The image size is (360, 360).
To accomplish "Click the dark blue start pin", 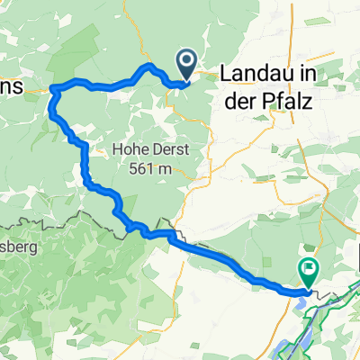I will click(x=187, y=64).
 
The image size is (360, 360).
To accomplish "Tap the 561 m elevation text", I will click(x=152, y=167).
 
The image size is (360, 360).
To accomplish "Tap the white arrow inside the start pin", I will click(x=187, y=61).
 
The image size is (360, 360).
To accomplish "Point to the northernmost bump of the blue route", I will click(x=147, y=66).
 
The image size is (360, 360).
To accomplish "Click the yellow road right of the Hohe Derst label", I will click(x=209, y=148).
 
